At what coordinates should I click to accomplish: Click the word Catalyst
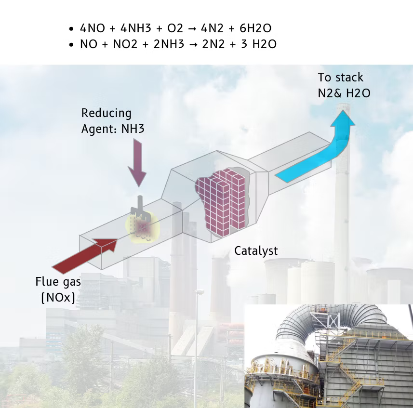[x=256, y=250]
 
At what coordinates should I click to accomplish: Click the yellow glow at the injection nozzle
[x=142, y=226]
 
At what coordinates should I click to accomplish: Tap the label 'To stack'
[x=340, y=78]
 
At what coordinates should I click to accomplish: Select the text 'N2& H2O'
[x=344, y=93]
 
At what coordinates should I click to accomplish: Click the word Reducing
[x=106, y=113]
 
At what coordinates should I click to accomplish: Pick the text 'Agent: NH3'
[x=113, y=129]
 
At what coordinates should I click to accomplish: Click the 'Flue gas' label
[x=58, y=281]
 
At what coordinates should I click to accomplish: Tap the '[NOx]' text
[x=58, y=297]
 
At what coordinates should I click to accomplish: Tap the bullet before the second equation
[x=71, y=45]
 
